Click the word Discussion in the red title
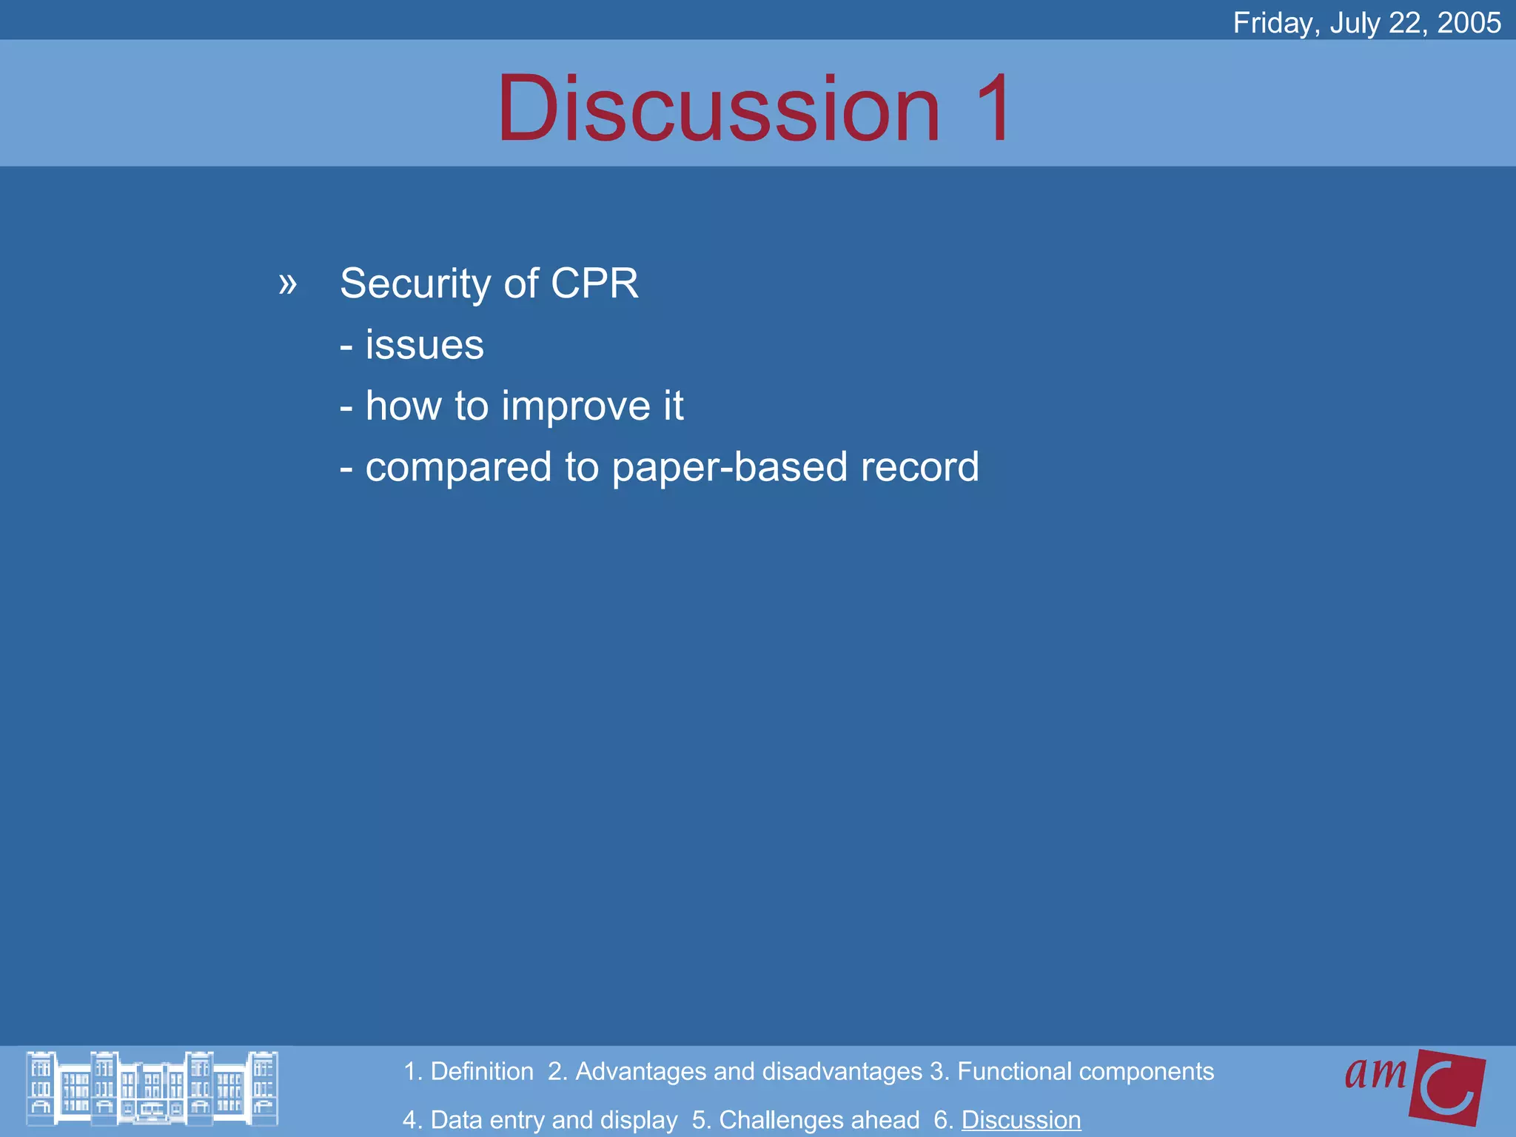(x=718, y=110)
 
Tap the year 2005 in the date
(x=1469, y=23)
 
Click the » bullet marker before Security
(x=287, y=284)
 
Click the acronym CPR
(x=594, y=284)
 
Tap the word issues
(x=424, y=345)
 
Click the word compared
(x=458, y=468)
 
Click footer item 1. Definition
(x=469, y=1071)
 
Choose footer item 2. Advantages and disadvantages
(x=734, y=1071)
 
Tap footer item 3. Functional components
(x=1072, y=1071)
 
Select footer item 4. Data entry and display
(x=540, y=1120)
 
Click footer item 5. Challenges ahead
(x=805, y=1120)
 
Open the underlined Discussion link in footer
(x=1021, y=1120)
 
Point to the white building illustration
(x=152, y=1088)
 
